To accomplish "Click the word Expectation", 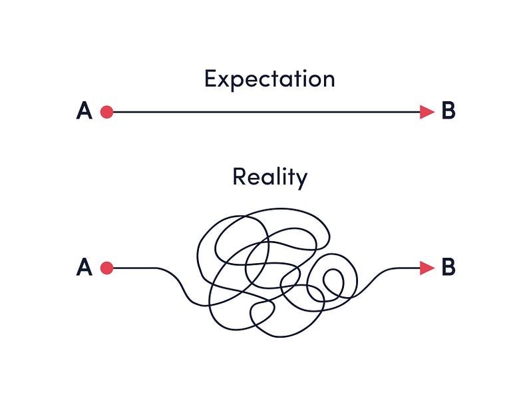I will (269, 79).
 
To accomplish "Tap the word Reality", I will (269, 178).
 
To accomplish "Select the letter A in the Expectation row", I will (85, 111).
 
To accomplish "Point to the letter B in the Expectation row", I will (448, 111).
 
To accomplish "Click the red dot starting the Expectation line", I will (106, 112).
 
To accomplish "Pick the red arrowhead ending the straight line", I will (427, 112).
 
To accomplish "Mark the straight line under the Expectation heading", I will (266, 112).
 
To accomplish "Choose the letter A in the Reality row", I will (85, 268).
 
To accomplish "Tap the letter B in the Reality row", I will (448, 268).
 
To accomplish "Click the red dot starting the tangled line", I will (106, 268).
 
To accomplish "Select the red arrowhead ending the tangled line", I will (427, 268).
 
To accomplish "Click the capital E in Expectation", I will (211, 79).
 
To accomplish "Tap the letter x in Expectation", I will (225, 81).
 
